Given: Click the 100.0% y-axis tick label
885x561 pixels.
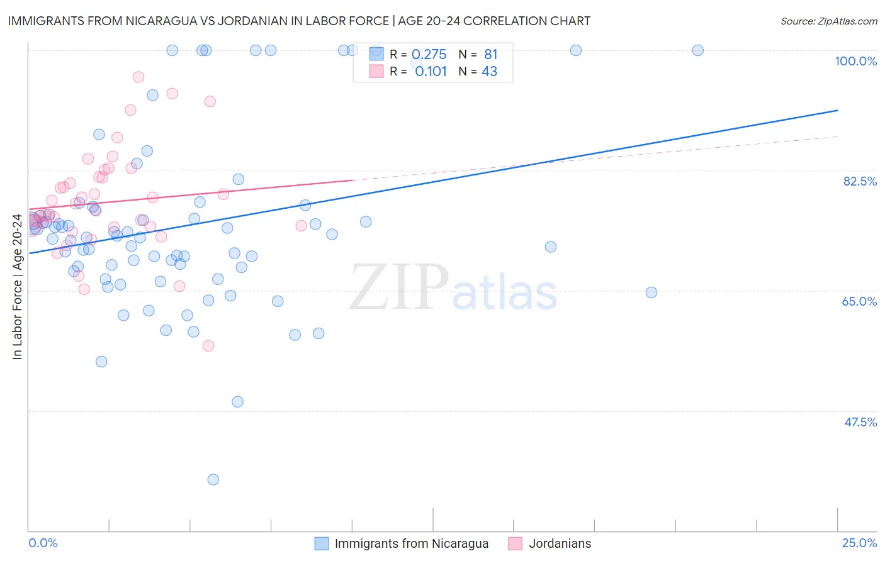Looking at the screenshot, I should (x=855, y=61).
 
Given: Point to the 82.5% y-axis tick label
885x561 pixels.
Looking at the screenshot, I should (x=860, y=181).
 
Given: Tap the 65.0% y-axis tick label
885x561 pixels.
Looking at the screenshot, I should (x=859, y=301).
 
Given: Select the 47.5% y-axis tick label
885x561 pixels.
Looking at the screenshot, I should (x=860, y=422).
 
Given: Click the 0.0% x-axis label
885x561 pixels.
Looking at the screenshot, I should (x=43, y=543).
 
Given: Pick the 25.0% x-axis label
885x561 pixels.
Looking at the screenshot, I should (x=859, y=543).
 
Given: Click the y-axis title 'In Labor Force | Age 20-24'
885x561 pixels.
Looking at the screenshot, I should (x=17, y=287).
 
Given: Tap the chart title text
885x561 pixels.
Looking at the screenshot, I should (x=299, y=21).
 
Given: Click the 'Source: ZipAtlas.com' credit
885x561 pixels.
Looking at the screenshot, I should (x=828, y=21).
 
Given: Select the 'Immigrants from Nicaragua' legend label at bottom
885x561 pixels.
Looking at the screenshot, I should (x=411, y=543).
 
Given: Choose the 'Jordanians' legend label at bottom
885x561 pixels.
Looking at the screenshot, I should (x=560, y=543).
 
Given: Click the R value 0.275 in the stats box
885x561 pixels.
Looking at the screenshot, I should (x=429, y=55).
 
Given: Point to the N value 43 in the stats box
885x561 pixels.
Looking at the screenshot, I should (x=489, y=72).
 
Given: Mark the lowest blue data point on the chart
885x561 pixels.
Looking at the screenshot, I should (x=213, y=479).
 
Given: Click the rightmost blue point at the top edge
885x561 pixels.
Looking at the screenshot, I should (x=697, y=50).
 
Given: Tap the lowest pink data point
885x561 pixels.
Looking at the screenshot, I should (x=208, y=346).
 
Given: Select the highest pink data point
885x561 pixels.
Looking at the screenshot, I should (x=138, y=77).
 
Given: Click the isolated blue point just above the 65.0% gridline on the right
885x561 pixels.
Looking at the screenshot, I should (x=651, y=292).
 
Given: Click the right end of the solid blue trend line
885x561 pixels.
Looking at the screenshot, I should (x=837, y=110).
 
